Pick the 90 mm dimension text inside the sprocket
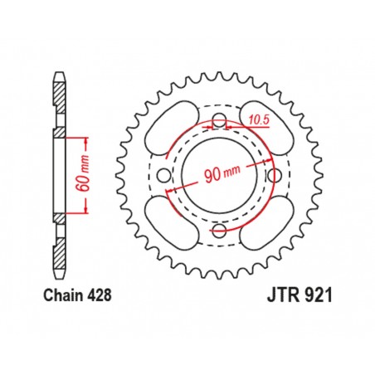coord(217,174)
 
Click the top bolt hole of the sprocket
coord(219,124)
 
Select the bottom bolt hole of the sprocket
coord(219,230)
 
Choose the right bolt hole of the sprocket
coord(272,177)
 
